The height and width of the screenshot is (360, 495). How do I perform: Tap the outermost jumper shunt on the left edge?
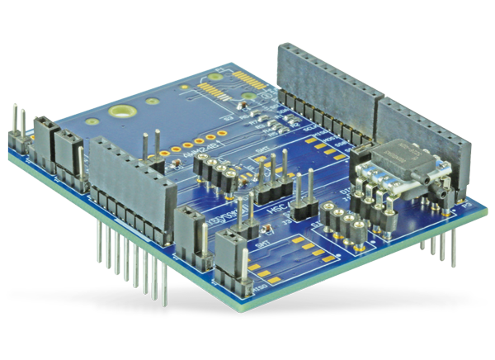tap(41, 136)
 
